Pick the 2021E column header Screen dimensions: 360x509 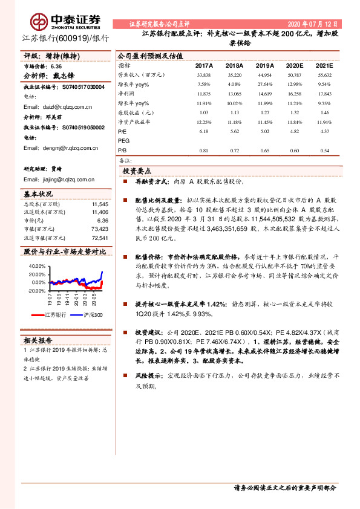(324, 65)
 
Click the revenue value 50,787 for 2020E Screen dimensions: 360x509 (294, 75)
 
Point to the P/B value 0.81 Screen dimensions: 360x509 (203, 151)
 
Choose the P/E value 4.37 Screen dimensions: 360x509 (325, 131)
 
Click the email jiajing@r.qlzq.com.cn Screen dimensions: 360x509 (59, 180)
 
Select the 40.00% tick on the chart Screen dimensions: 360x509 (37, 266)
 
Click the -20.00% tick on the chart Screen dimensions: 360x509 (36, 291)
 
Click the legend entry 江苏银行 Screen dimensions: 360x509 (54, 315)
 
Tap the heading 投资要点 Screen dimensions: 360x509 (140, 171)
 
